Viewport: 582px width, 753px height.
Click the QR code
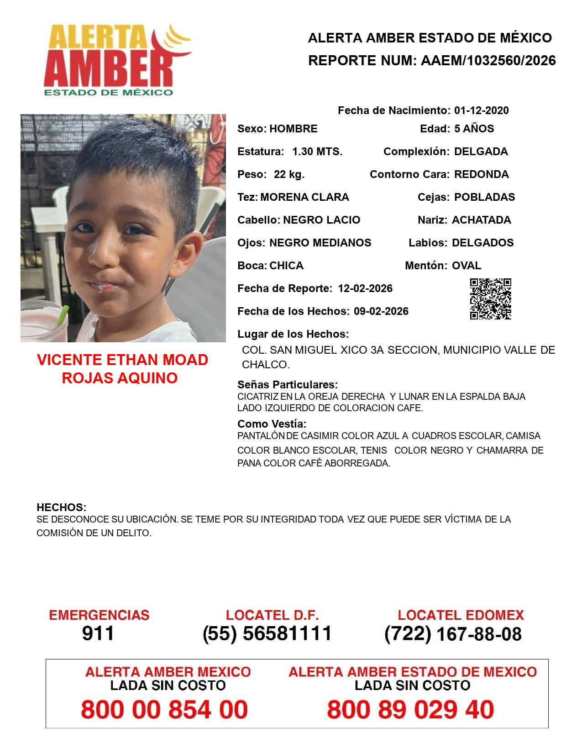coord(490,299)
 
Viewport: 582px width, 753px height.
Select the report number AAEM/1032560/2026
coord(488,61)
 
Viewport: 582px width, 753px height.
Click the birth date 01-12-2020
coord(481,110)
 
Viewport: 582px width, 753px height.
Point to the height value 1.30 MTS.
coord(317,152)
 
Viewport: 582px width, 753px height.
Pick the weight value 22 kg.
coord(289,174)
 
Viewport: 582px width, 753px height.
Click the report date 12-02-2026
coord(365,288)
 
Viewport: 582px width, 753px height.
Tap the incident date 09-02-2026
coord(381,311)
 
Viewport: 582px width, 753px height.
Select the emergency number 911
coord(98,633)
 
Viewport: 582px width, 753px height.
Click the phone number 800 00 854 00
coord(164,710)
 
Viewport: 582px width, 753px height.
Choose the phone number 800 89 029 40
coord(410,710)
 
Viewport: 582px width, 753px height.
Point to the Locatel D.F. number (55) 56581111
coord(267,633)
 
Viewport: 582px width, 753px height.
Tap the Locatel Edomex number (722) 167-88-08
coord(453,634)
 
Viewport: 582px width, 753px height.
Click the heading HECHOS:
coord(62,507)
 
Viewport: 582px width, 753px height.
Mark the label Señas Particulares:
coord(288,384)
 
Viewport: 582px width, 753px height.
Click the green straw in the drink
coord(62,315)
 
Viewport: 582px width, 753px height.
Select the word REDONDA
coord(481,174)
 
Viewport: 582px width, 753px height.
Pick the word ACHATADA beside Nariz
coord(481,220)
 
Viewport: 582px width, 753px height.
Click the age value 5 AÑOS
coord(474,129)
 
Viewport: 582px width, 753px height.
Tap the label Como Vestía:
coord(272,424)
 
